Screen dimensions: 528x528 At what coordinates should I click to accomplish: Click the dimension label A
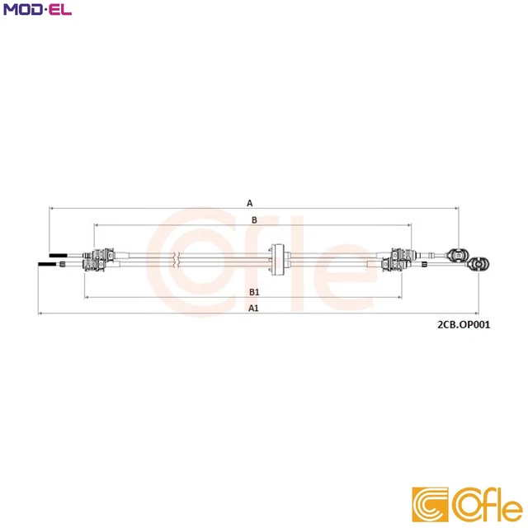249,202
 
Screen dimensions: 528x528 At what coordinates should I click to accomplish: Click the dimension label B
254,219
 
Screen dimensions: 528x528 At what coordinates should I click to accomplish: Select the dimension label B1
255,292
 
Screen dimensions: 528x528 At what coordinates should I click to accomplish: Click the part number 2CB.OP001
464,324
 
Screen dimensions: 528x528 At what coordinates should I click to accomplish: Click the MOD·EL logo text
37,11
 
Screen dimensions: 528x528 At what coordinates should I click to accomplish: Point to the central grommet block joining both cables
277,258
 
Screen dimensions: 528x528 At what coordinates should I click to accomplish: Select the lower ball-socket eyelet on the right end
478,264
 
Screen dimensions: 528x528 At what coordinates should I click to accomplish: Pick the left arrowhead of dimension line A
52,210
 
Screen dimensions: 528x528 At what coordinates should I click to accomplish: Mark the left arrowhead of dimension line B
97,225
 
